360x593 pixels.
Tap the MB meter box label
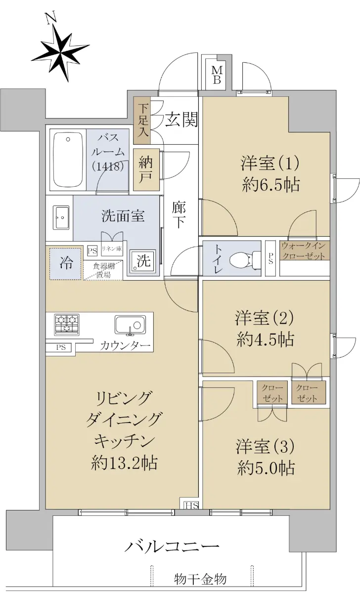(x=217, y=75)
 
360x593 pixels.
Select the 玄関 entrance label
(x=181, y=119)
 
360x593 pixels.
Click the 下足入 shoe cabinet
(x=142, y=121)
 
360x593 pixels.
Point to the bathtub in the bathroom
(x=68, y=160)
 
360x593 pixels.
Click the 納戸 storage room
(x=146, y=169)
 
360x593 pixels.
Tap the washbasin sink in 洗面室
(x=61, y=217)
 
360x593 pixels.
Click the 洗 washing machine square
(x=143, y=261)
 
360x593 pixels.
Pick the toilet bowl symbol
(x=245, y=258)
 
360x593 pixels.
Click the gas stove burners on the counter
(x=67, y=325)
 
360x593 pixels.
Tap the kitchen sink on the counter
(x=131, y=325)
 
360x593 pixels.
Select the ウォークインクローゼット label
(x=303, y=251)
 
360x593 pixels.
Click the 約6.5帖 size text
(x=271, y=184)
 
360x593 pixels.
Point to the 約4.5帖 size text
(x=266, y=339)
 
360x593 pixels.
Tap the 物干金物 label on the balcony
(x=200, y=579)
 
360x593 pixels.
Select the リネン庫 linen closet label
(x=112, y=248)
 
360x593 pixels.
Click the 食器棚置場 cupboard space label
(x=103, y=270)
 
